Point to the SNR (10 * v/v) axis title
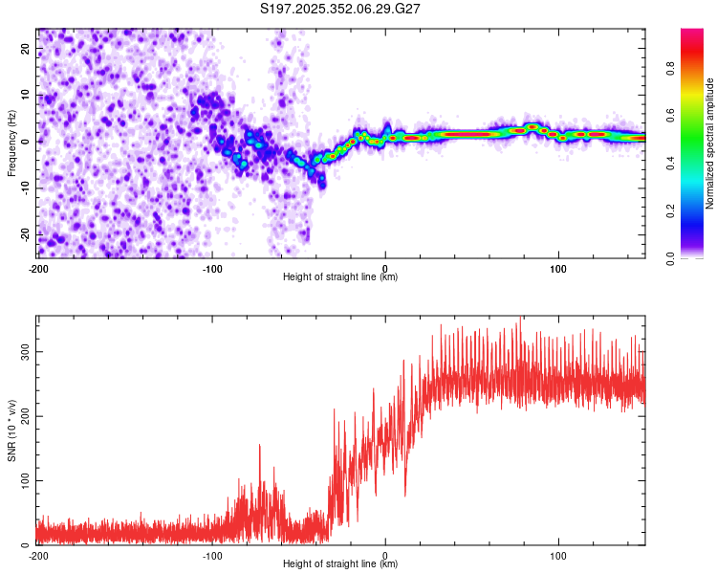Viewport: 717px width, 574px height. tap(11, 430)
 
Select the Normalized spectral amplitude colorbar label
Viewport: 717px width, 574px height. tap(709, 143)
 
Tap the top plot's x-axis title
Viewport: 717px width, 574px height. tap(340, 276)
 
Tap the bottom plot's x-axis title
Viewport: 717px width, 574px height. tap(340, 563)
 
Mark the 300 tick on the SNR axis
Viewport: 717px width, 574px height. tap(23, 352)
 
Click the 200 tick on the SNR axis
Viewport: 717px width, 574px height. tap(23, 416)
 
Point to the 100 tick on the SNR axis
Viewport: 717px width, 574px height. tap(23, 480)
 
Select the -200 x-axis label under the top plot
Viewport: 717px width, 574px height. tap(38, 268)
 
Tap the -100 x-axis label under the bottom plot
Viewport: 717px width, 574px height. tap(211, 555)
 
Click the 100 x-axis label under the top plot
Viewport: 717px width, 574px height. tap(558, 268)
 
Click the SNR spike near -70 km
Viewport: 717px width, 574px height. tap(259, 447)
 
